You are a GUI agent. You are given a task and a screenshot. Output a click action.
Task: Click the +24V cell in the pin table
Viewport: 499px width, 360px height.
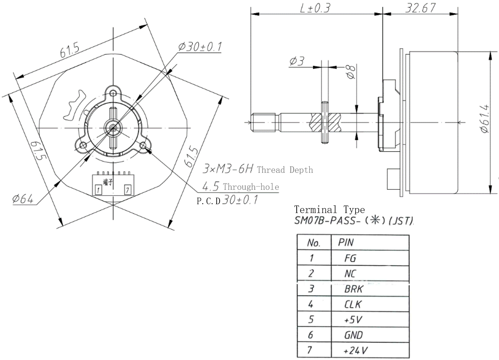(355, 351)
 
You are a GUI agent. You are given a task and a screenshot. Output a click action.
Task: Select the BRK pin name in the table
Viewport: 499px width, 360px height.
(354, 289)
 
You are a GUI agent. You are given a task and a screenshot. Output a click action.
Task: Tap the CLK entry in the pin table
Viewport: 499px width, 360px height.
(353, 304)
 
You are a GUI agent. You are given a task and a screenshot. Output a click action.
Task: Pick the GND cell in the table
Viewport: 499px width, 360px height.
(353, 335)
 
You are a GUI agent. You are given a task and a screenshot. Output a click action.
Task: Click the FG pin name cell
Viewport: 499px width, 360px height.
(350, 258)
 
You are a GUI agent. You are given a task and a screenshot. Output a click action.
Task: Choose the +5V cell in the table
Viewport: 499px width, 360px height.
(353, 319)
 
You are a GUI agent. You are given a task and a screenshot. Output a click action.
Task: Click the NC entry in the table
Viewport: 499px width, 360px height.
(350, 273)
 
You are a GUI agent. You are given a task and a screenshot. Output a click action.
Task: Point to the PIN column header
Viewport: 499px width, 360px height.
(346, 242)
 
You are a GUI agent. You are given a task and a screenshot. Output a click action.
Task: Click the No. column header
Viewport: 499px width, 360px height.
(313, 243)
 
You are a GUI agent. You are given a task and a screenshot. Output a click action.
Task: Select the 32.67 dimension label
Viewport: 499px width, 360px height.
(420, 8)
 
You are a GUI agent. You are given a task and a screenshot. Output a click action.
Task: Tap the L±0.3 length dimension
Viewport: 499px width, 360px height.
(315, 8)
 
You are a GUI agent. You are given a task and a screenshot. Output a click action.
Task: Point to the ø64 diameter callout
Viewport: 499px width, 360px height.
(23, 199)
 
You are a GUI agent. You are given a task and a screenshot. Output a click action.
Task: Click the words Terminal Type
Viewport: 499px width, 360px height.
(329, 209)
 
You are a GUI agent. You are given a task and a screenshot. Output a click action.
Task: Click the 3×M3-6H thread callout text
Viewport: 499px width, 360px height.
(228, 169)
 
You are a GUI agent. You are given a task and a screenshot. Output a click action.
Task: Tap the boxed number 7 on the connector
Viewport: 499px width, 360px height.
(128, 190)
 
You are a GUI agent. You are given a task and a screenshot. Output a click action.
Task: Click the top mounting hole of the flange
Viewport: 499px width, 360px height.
(113, 92)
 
